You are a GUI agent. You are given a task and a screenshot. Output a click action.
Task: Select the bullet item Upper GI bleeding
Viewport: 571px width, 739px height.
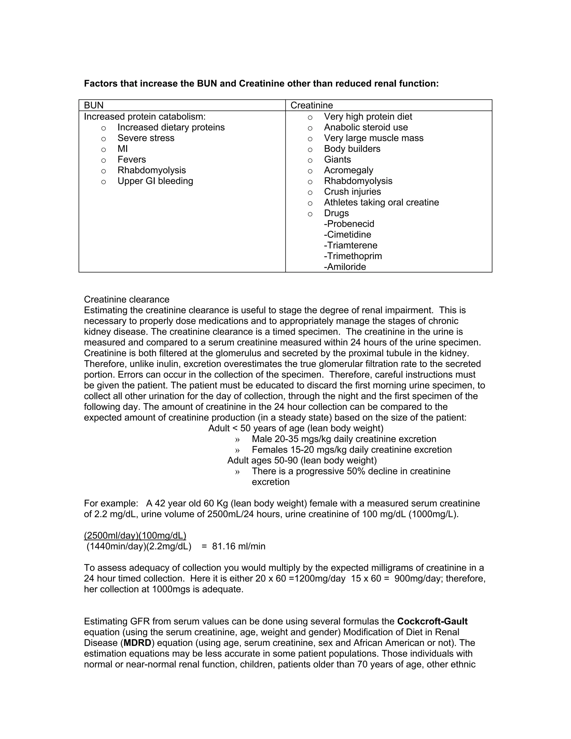point(155,181)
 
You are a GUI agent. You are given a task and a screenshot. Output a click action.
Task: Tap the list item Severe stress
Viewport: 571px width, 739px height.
point(146,138)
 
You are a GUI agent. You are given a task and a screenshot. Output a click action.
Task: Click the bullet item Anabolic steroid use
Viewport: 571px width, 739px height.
point(366,127)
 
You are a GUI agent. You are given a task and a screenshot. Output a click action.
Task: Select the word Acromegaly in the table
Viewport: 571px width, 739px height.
point(349,170)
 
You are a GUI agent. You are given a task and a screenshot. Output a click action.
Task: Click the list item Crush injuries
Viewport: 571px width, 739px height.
point(352,192)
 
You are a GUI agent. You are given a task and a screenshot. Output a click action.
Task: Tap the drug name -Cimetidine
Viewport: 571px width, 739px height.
point(347,235)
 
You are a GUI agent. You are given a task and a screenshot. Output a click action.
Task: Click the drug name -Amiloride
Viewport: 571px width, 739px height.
point(345,267)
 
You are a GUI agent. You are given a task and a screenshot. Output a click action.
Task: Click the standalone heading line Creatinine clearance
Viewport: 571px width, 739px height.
point(127,300)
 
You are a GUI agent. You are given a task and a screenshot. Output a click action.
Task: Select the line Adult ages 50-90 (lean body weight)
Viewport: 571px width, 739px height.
point(302,460)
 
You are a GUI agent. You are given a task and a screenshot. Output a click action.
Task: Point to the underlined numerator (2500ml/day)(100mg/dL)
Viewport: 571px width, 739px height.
point(135,535)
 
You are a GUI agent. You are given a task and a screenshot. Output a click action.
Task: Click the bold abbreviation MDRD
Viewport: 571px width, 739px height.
point(137,643)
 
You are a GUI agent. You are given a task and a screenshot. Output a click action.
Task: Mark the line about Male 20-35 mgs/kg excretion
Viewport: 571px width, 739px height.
point(344,439)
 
